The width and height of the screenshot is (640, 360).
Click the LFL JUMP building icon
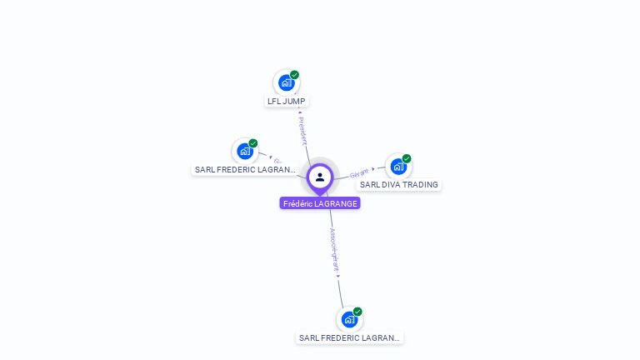point(287,82)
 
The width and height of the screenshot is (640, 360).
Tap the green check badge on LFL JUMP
point(295,75)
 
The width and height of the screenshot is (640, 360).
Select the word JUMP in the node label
point(294,102)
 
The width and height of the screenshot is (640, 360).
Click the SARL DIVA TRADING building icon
point(398,166)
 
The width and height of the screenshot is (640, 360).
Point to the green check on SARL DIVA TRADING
point(407,158)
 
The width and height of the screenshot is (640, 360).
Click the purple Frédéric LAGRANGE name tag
point(320,203)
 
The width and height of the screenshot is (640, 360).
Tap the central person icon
point(320,177)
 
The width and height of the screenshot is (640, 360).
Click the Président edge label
point(303,131)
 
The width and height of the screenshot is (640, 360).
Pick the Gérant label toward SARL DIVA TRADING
point(359,173)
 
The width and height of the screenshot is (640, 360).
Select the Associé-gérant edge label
point(334,250)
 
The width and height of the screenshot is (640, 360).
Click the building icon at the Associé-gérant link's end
point(349,319)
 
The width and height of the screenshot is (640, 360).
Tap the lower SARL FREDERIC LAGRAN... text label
point(350,338)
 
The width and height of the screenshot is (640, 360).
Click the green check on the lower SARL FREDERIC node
point(357,312)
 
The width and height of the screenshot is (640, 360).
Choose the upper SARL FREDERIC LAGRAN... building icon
point(245,151)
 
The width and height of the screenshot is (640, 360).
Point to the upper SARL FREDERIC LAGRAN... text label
point(245,170)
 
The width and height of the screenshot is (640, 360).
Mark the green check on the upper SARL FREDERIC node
point(253,143)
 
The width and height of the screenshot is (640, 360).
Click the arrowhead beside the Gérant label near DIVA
point(373,169)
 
